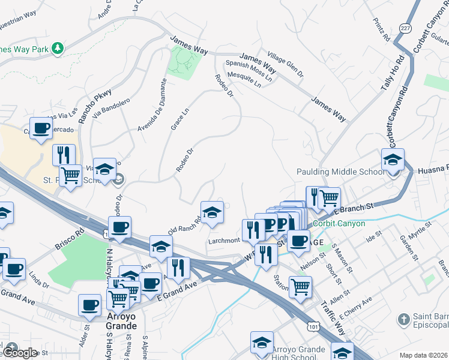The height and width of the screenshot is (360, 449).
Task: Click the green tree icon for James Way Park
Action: (58, 47)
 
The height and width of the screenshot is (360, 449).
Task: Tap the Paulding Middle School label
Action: (340, 172)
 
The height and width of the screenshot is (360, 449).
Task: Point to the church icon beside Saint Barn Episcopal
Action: (403, 318)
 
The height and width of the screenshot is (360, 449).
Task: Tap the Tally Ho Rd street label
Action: (391, 74)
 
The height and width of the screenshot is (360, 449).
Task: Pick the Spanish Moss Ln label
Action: (249, 71)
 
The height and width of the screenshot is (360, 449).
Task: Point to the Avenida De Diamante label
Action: (152, 105)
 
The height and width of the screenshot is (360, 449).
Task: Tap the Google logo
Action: (19, 353)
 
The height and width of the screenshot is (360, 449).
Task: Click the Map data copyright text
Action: (423, 355)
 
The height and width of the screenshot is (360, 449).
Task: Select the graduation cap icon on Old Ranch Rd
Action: (212, 212)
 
